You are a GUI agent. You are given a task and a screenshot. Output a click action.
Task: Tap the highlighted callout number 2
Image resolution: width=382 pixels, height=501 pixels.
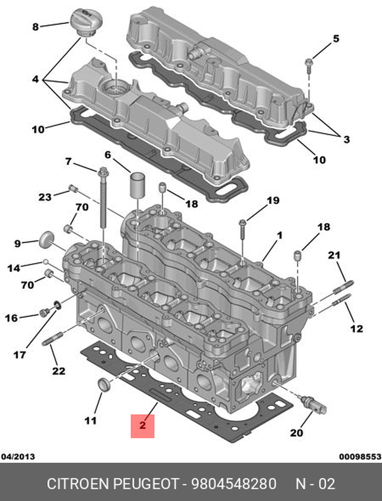click(142, 425)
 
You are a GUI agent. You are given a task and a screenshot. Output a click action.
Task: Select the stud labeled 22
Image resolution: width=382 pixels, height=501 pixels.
click(52, 339)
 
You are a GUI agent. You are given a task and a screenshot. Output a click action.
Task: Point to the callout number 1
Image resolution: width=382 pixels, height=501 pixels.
click(280, 235)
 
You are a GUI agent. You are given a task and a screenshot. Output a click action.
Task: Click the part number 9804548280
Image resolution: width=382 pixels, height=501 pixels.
click(233, 484)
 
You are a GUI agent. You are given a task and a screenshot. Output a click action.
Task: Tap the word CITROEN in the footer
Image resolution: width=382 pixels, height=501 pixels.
click(78, 484)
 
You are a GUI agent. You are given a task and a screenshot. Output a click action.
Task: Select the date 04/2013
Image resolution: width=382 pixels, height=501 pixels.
click(18, 456)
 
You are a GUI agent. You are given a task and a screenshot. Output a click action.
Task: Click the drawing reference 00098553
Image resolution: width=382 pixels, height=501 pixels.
click(360, 456)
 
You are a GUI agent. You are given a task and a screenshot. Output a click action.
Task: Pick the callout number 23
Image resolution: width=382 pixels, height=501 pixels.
click(45, 197)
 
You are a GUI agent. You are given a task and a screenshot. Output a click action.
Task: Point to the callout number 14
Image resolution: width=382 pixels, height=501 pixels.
click(14, 268)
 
